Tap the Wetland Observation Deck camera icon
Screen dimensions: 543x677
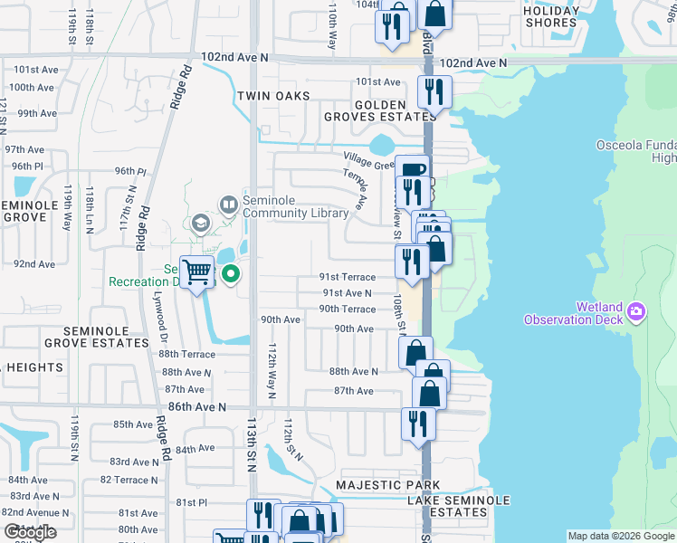[x=636, y=312]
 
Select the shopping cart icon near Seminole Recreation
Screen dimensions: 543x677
[x=196, y=271]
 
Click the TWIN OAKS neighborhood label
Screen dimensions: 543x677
[x=273, y=96]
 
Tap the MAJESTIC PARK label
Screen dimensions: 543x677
[x=375, y=486]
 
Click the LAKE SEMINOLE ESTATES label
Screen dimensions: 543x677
[x=458, y=506]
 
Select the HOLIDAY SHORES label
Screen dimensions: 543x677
[x=551, y=16]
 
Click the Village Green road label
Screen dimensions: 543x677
[x=368, y=159]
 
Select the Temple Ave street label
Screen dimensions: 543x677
[x=355, y=188]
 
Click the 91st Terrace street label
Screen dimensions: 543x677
[x=347, y=277]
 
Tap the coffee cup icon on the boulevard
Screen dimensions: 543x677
[x=412, y=170]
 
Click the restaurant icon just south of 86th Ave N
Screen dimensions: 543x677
[x=418, y=423]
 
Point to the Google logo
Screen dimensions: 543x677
[x=30, y=533]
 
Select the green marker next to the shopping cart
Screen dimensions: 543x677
[x=230, y=273]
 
